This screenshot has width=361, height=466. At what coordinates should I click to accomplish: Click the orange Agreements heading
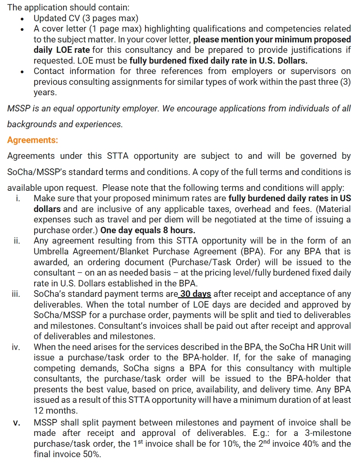32,140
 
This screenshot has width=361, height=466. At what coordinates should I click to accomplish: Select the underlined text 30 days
196,294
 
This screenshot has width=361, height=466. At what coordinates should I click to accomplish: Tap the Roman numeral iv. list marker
15,347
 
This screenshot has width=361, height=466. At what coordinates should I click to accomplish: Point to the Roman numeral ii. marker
17,241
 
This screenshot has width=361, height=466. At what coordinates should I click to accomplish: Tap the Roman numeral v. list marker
17,423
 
